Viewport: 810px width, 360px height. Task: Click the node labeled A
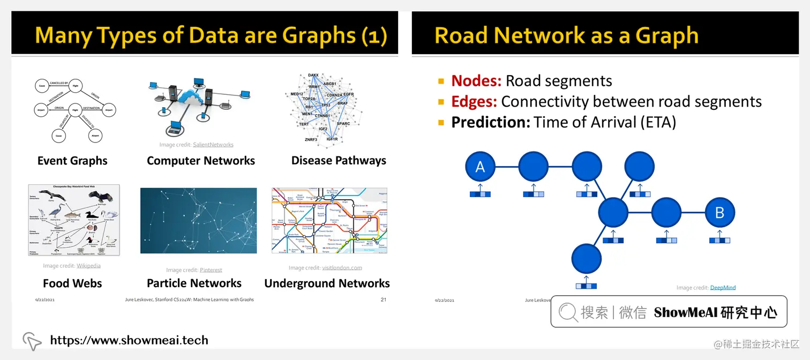480,167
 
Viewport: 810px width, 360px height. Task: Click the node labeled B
719,213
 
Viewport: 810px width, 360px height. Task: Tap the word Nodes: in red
476,81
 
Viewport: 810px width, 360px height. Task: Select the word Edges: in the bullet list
474,101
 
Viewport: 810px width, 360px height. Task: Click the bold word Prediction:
490,122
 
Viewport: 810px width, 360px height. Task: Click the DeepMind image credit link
723,288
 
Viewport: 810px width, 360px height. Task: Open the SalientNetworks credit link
213,145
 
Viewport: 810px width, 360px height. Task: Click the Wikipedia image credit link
88,266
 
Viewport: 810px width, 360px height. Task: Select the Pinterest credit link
211,270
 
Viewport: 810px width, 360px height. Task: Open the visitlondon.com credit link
342,268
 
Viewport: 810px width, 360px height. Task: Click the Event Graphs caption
72,161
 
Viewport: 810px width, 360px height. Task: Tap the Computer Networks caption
201,161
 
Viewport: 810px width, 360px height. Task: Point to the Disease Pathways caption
339,161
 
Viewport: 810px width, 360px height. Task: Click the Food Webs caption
72,283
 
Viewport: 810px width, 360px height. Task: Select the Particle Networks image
198,220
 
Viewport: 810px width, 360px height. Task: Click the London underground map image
329,220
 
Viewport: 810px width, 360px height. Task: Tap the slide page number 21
383,299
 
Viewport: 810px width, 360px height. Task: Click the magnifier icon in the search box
568,312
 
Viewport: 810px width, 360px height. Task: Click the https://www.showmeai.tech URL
129,340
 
